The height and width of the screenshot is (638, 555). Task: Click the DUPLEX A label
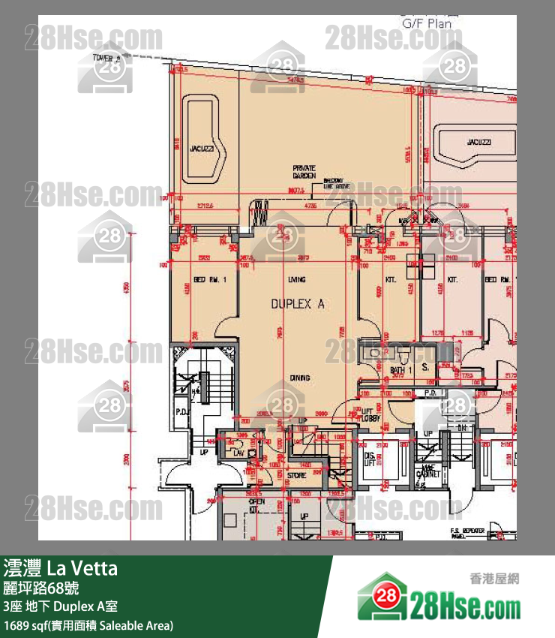(x=297, y=304)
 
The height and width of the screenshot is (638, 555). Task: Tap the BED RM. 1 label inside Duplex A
(x=205, y=279)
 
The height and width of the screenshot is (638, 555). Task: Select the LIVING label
(x=297, y=279)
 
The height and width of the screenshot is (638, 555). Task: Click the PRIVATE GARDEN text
(x=304, y=171)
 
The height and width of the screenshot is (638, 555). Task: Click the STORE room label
(x=296, y=474)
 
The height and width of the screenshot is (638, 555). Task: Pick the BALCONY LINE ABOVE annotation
(x=333, y=184)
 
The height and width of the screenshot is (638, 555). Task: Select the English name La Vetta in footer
(x=82, y=568)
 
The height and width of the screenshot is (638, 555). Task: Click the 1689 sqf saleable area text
(x=88, y=624)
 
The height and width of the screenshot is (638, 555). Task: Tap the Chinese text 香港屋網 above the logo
(x=494, y=578)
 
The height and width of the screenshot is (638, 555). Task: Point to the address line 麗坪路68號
(x=41, y=588)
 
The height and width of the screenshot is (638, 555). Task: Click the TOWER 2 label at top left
(x=106, y=57)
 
